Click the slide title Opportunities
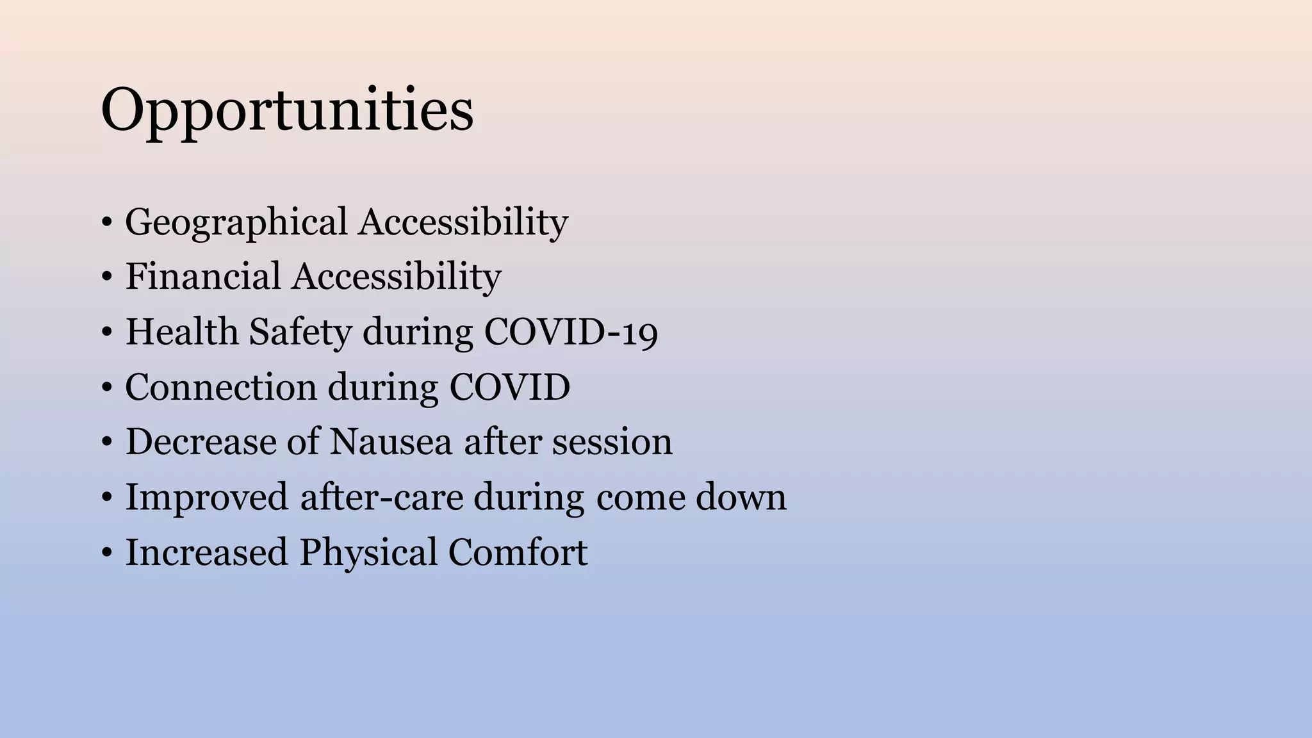coord(287,110)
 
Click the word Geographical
coord(236,223)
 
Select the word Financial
coord(202,277)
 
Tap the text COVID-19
coord(570,332)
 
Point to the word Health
coord(181,332)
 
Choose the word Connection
coord(220,388)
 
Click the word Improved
coord(206,498)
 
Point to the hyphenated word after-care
coord(372,497)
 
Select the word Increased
coord(206,552)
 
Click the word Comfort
coord(518,552)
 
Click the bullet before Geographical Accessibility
coord(106,224)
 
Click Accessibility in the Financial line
coord(397,277)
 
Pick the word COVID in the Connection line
coord(509,388)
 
